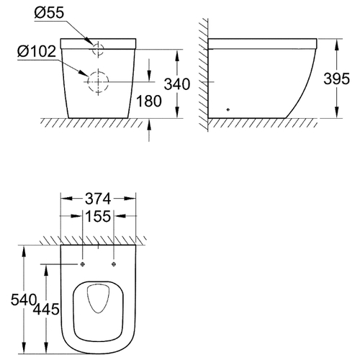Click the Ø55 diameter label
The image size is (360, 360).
(x=49, y=12)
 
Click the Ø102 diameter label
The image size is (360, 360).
(x=37, y=51)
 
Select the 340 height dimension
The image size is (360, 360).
(x=177, y=84)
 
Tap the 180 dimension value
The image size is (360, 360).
(x=149, y=101)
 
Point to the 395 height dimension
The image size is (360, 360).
(x=336, y=78)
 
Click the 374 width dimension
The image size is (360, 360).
(x=98, y=199)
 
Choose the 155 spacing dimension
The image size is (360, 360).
(x=98, y=216)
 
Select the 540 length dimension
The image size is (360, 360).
(x=24, y=300)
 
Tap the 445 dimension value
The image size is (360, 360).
(x=46, y=309)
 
